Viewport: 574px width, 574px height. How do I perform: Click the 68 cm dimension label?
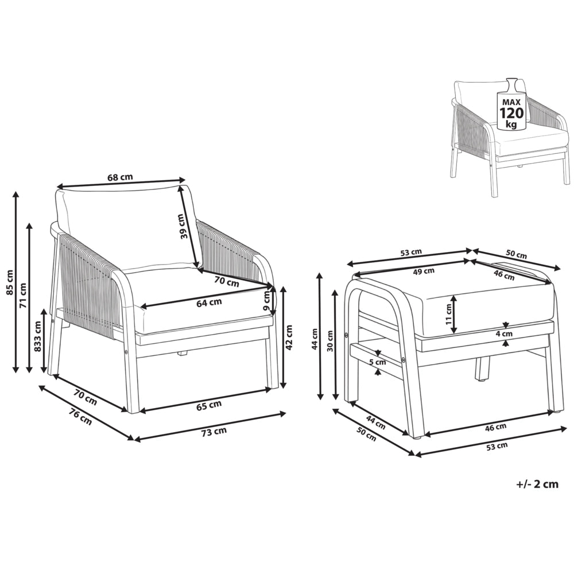click(x=120, y=177)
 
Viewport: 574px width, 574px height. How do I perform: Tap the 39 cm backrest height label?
click(x=184, y=226)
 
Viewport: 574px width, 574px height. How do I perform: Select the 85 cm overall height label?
click(x=10, y=282)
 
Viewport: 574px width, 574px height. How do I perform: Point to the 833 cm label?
click(x=38, y=336)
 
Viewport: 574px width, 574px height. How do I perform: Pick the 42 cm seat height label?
click(x=289, y=338)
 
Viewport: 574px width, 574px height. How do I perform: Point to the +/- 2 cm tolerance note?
click(x=537, y=484)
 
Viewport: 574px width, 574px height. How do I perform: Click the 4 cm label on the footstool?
click(x=506, y=333)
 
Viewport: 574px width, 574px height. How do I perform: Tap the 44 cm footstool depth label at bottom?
click(x=375, y=422)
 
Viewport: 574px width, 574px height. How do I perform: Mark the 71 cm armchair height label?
click(x=23, y=296)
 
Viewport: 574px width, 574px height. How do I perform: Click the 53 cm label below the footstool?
click(x=497, y=446)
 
